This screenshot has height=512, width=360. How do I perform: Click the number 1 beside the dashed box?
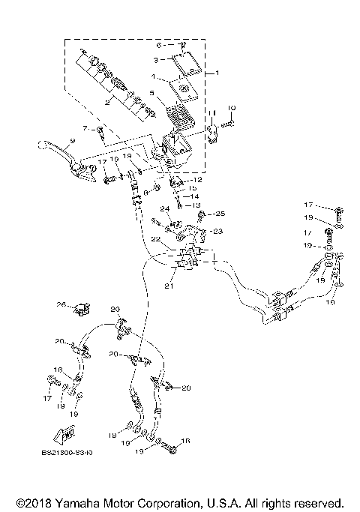point(217,73)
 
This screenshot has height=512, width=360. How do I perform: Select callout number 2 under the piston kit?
point(108,103)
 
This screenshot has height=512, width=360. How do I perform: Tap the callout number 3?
point(155,59)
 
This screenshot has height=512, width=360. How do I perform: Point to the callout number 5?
point(151,94)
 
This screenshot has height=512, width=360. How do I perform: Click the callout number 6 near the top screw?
point(158,45)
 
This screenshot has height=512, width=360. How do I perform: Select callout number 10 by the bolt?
point(231,107)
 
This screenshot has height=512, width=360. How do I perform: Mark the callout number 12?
point(198,180)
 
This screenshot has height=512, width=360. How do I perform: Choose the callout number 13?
point(197,205)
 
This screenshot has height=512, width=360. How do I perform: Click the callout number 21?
point(169,286)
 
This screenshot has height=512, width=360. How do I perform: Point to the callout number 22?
point(155,238)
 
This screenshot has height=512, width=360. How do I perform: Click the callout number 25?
point(220,214)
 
